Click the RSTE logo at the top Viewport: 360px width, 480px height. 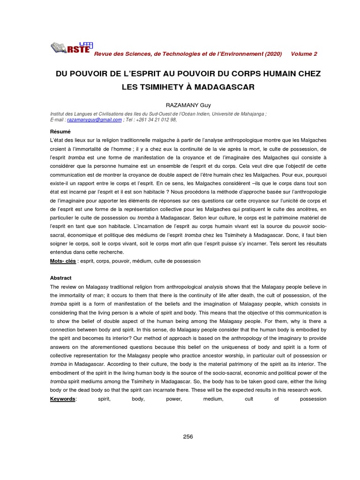coord(70,47)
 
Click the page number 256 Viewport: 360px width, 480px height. coord(188,436)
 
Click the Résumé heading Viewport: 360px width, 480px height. coord(60,132)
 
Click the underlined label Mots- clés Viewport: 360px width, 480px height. coord(63,261)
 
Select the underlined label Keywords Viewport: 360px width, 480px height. coord(63,399)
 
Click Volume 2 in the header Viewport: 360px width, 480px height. coord(304,54)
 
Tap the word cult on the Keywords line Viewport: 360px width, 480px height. coord(248,399)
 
